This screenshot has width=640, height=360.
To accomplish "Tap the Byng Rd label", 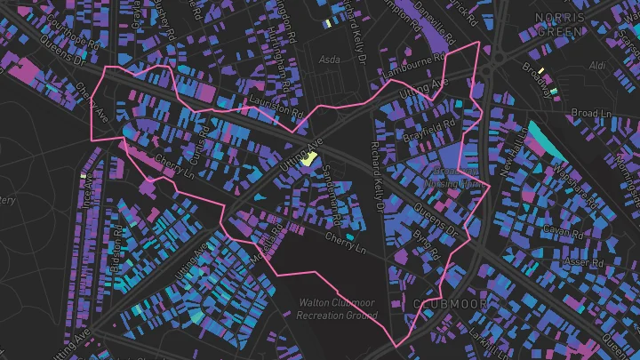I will click(427, 247).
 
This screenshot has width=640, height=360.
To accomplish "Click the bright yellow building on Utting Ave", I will click(309, 160).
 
